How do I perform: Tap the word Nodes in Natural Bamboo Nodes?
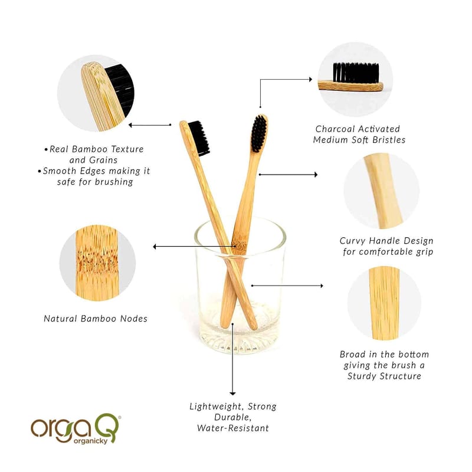(x=134, y=319)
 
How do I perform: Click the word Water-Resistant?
(x=232, y=428)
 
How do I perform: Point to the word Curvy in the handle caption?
(x=352, y=241)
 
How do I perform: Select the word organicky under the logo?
(x=90, y=441)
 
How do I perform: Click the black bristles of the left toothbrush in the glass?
(x=199, y=139)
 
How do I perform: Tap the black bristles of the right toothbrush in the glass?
(x=259, y=133)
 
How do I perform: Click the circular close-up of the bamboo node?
(x=97, y=263)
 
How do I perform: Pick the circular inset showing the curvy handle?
(x=381, y=191)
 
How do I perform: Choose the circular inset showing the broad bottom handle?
(x=384, y=303)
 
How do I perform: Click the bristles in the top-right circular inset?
(x=356, y=73)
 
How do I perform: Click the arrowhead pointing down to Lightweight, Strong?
(x=232, y=394)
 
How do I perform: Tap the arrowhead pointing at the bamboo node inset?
(x=155, y=247)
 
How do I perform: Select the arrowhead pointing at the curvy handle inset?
(x=316, y=175)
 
